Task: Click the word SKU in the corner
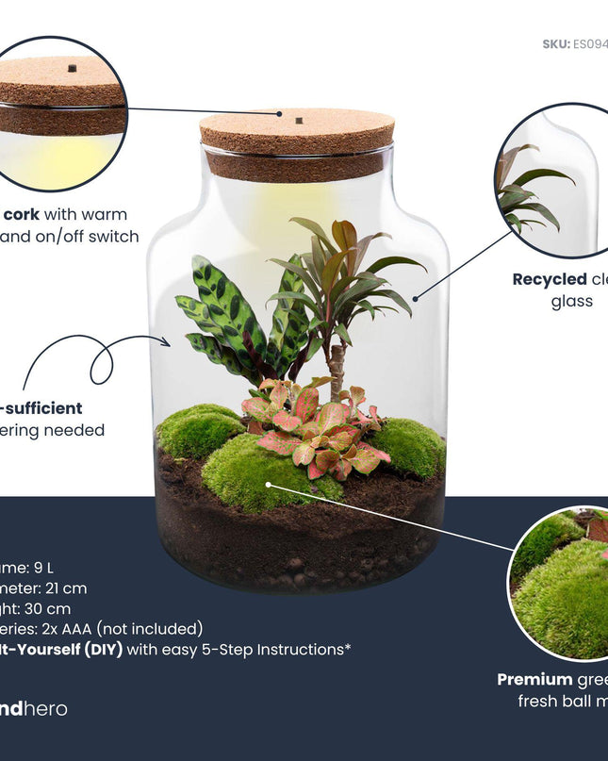tap(555, 44)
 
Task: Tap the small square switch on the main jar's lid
tap(298, 121)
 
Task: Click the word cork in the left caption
tap(21, 215)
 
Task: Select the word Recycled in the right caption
tap(550, 279)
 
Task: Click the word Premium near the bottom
tap(534, 679)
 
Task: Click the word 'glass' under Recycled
tap(571, 302)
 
